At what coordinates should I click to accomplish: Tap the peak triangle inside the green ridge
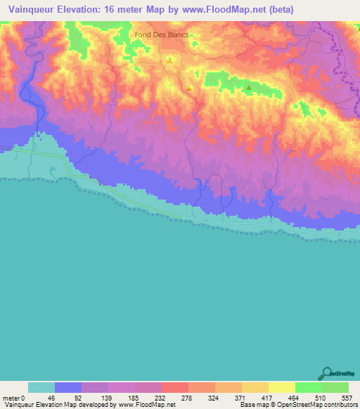pyautogui.click(x=249, y=88)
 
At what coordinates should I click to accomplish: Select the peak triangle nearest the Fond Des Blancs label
pyautogui.click(x=169, y=60)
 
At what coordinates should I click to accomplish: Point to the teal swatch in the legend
pyautogui.click(x=41, y=387)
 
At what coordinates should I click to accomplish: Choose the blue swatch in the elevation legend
pyautogui.click(x=68, y=387)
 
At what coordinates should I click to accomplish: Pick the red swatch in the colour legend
pyautogui.click(x=175, y=387)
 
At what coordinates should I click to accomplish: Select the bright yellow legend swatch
pyautogui.click(x=282, y=387)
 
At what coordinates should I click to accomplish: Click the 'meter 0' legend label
pyautogui.click(x=14, y=397)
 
